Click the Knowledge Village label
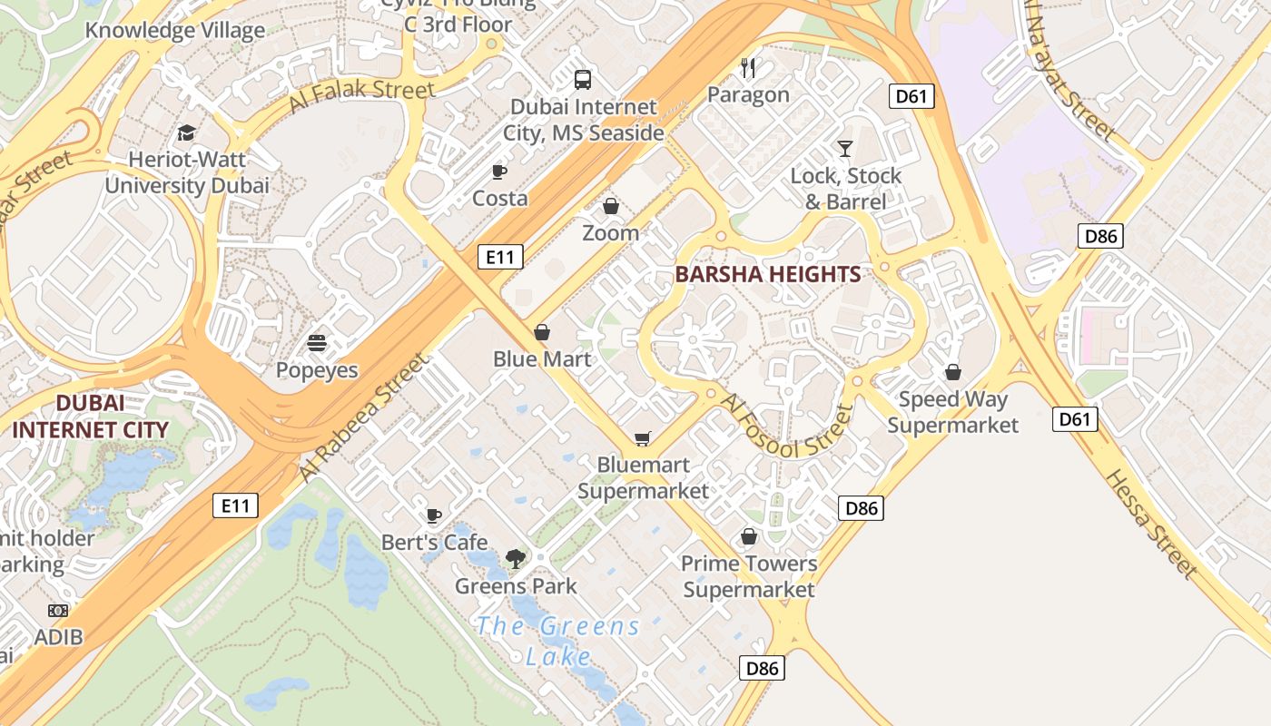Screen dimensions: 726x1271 175,30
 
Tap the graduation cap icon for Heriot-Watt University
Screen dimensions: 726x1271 187,133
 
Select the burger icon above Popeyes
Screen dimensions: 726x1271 317,344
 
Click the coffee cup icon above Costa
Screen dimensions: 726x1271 498,172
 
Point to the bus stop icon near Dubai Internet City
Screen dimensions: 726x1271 583,80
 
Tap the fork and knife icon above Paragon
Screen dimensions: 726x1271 748,68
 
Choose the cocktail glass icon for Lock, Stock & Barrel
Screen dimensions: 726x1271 845,149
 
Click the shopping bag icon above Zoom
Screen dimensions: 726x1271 611,206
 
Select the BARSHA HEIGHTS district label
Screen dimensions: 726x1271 768,274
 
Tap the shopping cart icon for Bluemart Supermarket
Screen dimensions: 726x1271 643,439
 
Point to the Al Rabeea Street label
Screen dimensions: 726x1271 362,417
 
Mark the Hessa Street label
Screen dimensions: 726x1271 1150,524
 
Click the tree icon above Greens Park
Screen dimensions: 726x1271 516,559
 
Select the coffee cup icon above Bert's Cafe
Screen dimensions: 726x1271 434,516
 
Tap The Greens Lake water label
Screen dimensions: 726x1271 558,640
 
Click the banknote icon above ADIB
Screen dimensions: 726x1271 58,611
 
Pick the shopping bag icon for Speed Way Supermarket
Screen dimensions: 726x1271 953,372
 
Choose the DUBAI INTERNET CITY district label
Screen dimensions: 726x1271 90,417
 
